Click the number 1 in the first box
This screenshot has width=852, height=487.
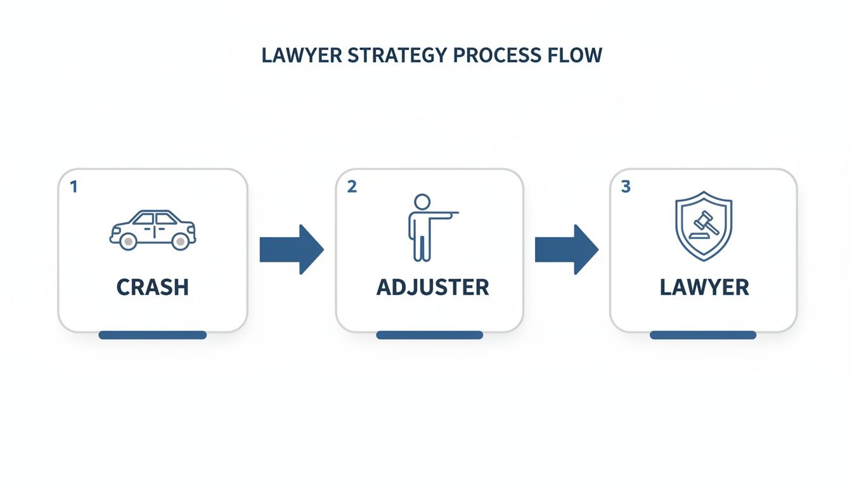click(x=74, y=187)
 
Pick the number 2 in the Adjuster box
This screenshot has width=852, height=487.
click(x=352, y=187)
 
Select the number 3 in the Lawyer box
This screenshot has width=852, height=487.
click(x=626, y=187)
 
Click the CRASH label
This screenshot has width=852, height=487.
click(x=153, y=287)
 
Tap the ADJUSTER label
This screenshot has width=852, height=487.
click(x=432, y=287)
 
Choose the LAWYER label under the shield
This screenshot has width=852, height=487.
click(x=704, y=287)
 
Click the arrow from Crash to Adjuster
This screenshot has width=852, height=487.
click(x=292, y=249)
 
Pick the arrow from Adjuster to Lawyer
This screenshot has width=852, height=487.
click(x=566, y=249)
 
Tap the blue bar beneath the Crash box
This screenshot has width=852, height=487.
click(x=153, y=335)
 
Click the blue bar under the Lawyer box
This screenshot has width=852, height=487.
click(x=703, y=335)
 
